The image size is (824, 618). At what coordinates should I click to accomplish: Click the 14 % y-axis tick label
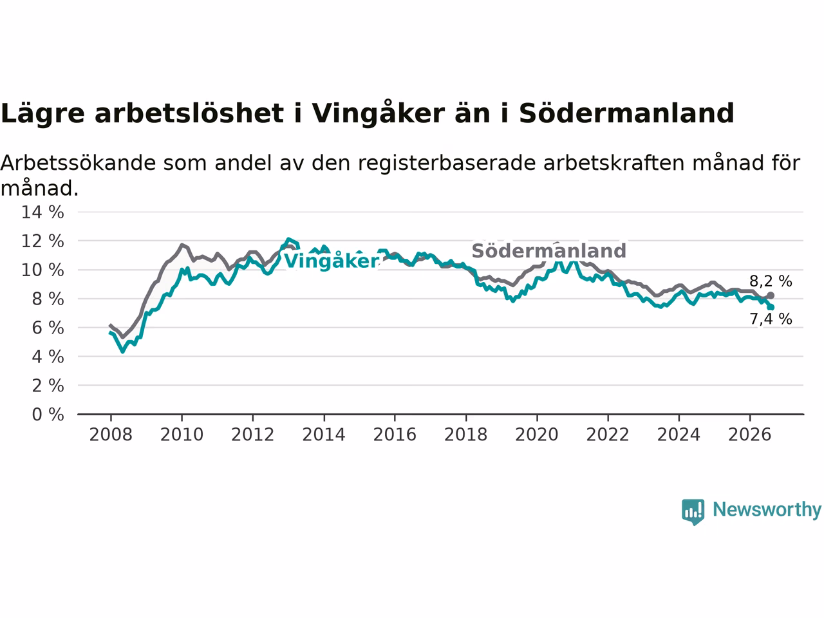coord(42,212)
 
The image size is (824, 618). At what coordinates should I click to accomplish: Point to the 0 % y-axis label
coord(48,415)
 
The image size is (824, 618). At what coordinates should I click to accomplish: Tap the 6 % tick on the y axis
coord(48,328)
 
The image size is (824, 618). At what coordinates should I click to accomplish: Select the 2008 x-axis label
coord(111,435)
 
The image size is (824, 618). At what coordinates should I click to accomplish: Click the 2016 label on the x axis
coord(395,435)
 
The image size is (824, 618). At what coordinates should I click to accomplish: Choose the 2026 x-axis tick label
coord(750,435)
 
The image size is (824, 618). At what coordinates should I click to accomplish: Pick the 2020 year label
coord(537,435)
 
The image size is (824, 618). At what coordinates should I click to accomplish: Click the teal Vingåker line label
coord(332,261)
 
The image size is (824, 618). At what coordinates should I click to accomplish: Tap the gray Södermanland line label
coord(549,250)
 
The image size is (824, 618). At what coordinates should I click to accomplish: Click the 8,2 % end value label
coord(771,281)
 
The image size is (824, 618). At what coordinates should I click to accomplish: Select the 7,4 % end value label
coord(771,319)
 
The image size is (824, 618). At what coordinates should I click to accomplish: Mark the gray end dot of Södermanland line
coord(771,295)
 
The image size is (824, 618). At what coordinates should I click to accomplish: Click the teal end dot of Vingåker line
coord(771,307)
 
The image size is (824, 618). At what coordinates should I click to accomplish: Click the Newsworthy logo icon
coord(693,512)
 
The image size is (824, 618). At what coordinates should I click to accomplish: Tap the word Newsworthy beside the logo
coord(767,510)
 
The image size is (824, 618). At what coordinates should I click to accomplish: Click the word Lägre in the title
coord(42,114)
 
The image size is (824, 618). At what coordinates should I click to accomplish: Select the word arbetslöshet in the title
coord(189,113)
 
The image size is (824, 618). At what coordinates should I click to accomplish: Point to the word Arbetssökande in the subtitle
coord(78,164)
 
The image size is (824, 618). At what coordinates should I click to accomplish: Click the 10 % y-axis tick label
coord(42,270)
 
